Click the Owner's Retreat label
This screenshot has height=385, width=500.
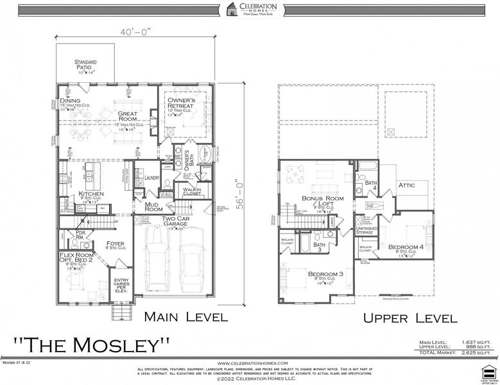[185, 105]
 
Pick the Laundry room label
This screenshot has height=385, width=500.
[152, 178]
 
